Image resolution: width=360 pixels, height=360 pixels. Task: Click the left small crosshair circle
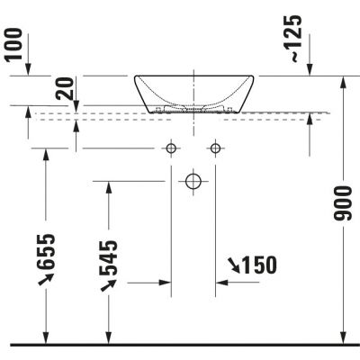point(171,148)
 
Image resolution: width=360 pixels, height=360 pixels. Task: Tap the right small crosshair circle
point(214,148)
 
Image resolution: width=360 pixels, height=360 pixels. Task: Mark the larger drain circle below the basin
point(193,181)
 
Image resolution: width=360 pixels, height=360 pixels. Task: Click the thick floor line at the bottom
point(180,344)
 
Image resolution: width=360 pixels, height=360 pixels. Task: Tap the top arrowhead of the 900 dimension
point(343,82)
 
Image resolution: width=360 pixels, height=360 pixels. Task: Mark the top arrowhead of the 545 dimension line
point(108,186)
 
